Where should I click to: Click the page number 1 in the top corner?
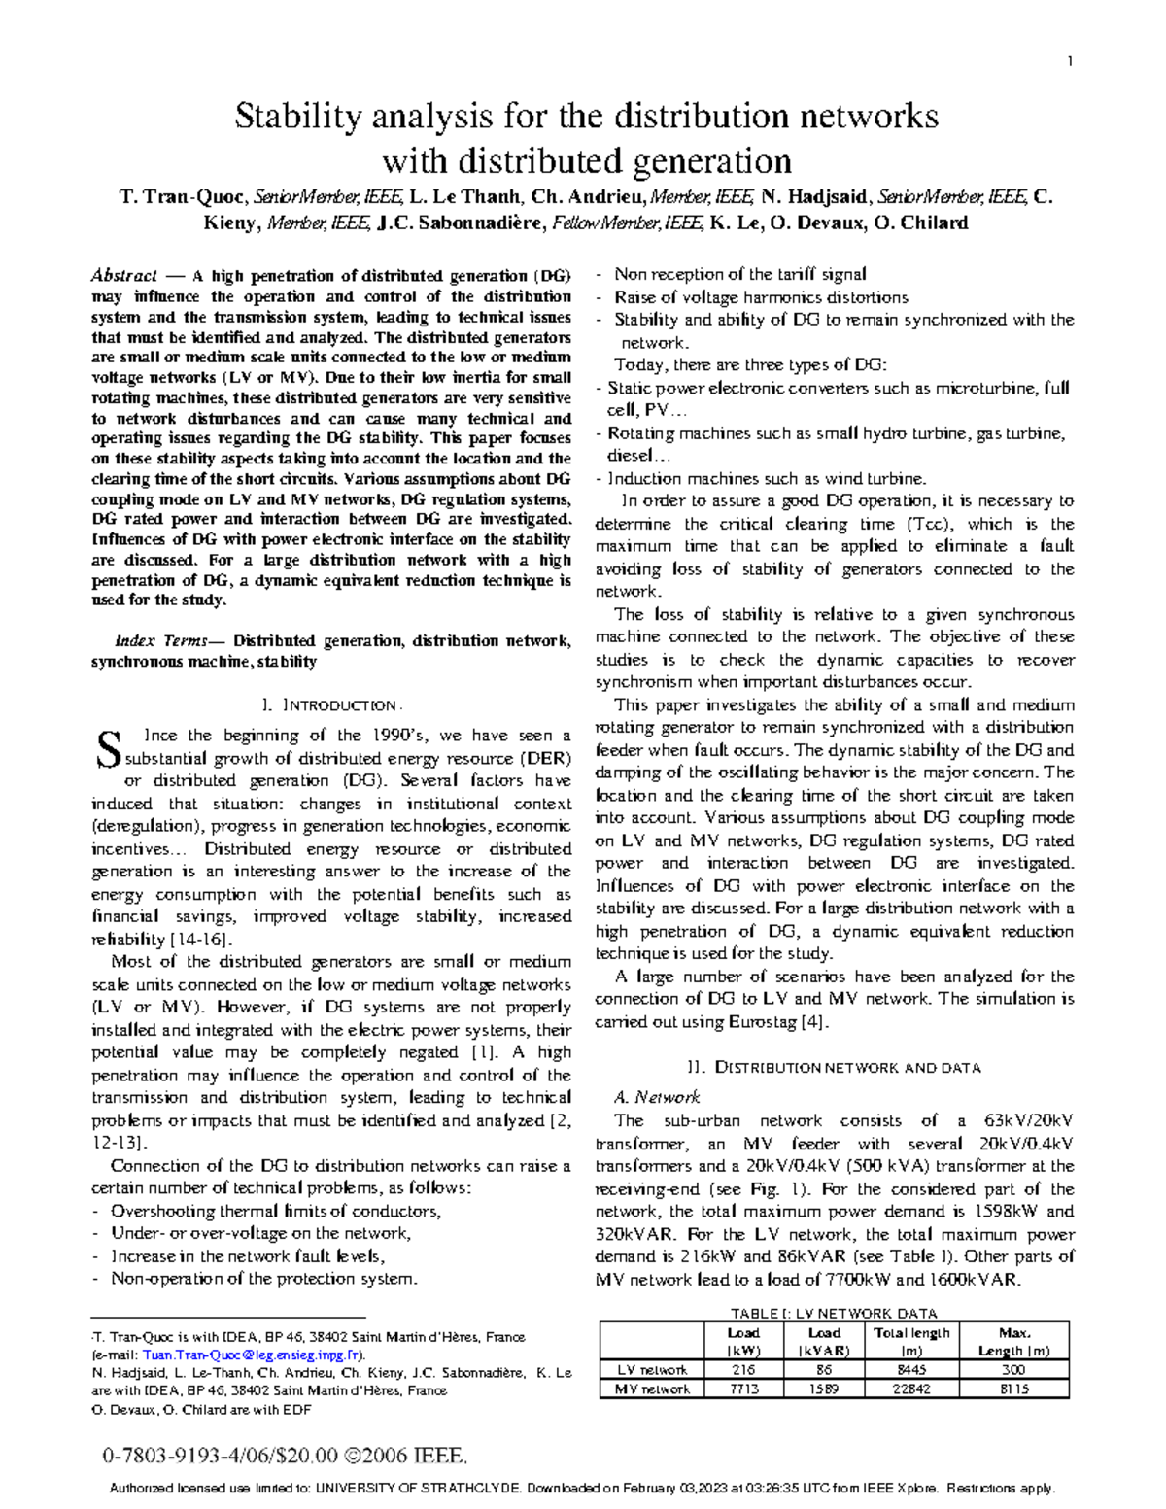click(x=1070, y=63)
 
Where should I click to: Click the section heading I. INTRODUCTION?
click(x=330, y=704)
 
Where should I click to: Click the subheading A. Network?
click(x=657, y=1097)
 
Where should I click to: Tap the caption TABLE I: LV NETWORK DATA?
click(x=834, y=1312)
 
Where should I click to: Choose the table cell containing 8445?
click(x=911, y=1369)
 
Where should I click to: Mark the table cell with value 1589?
click(x=824, y=1389)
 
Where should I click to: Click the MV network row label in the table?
click(x=653, y=1389)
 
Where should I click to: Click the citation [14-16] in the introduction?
click(x=201, y=940)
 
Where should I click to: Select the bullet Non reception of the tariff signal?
click(x=739, y=275)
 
